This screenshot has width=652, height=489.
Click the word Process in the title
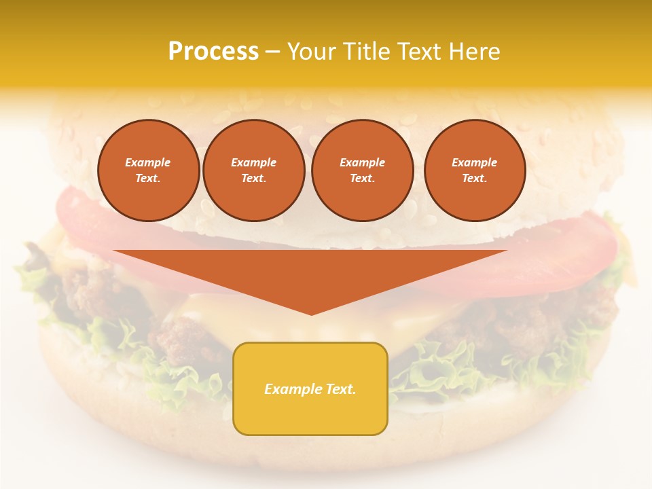pyautogui.click(x=213, y=52)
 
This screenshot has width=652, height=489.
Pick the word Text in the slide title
pyautogui.click(x=418, y=52)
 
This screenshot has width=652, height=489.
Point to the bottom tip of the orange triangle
pyautogui.click(x=311, y=313)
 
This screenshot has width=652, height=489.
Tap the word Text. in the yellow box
pyautogui.click(x=340, y=389)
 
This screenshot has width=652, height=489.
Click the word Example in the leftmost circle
pyautogui.click(x=148, y=162)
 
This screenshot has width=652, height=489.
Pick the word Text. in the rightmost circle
pyautogui.click(x=475, y=178)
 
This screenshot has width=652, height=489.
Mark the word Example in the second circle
pyautogui.click(x=254, y=162)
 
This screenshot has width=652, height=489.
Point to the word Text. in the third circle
pyautogui.click(x=362, y=178)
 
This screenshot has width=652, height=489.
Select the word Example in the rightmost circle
pyautogui.click(x=475, y=162)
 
